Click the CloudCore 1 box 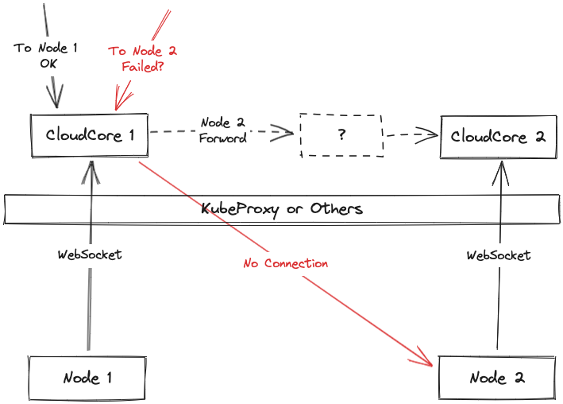(x=89, y=135)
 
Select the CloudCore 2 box (x=498, y=136)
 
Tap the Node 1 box (x=87, y=378)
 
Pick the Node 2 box (x=497, y=377)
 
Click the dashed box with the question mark (x=341, y=134)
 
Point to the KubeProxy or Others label (x=282, y=209)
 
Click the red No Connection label (x=285, y=263)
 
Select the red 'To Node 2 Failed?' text (x=143, y=59)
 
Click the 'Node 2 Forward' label (x=222, y=130)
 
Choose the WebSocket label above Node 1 (x=90, y=255)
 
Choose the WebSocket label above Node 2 (x=499, y=255)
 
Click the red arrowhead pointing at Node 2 (x=425, y=361)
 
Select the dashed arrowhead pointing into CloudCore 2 (x=429, y=134)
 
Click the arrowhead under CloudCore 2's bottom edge (x=501, y=169)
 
